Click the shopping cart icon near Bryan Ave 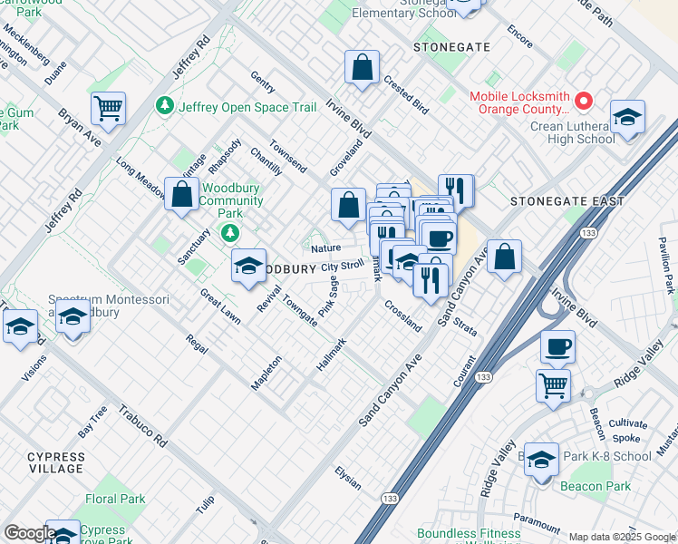point(108,110)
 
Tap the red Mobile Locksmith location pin point(585,101)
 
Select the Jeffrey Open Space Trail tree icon point(165,107)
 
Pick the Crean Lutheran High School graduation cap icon point(627,119)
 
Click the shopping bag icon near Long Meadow point(182,194)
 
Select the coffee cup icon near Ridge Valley point(557,347)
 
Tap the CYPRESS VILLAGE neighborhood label point(43,462)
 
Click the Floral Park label point(115,499)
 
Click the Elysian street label point(348,479)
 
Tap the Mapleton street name point(266,373)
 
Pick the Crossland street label point(402,316)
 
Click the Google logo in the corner point(30,533)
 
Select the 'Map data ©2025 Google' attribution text point(621,537)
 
